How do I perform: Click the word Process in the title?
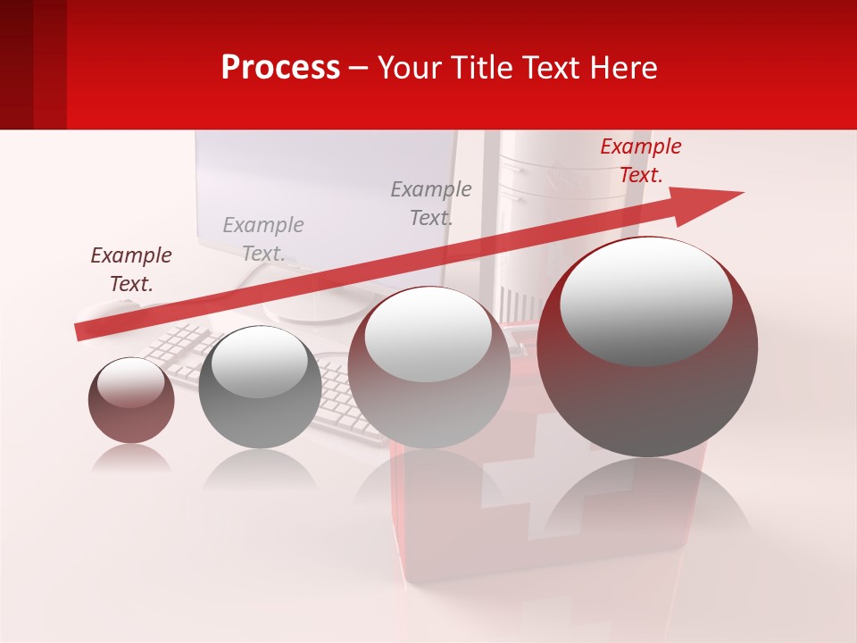click(280, 68)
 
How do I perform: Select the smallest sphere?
click(131, 401)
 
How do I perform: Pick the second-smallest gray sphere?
click(260, 388)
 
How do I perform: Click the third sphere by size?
click(428, 367)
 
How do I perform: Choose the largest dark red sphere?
click(647, 347)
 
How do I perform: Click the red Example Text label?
click(640, 161)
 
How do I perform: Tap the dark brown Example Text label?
click(131, 269)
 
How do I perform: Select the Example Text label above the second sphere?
click(263, 238)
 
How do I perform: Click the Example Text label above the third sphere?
click(431, 203)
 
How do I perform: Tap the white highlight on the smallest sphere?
click(130, 383)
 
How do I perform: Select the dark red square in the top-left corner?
click(32, 64)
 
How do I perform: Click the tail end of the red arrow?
click(80, 332)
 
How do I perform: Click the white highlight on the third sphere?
click(428, 334)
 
